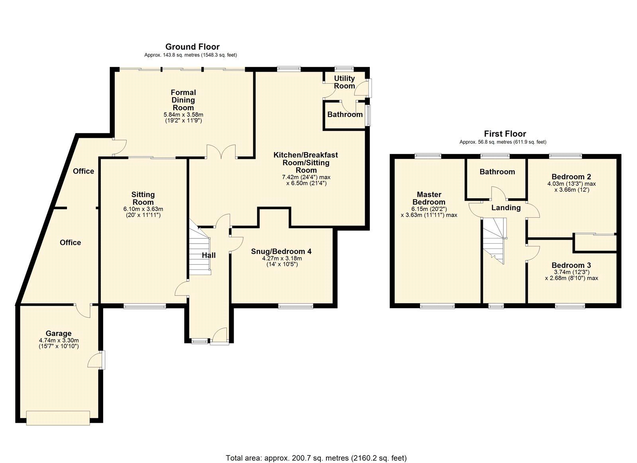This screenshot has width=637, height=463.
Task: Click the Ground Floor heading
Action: pos(192,47)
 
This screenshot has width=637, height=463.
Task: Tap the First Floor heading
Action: pos(505,134)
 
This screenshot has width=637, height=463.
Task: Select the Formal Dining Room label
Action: pos(183,100)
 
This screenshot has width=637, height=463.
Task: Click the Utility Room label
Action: pos(344,82)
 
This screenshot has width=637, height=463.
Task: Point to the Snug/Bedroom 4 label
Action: pos(281,252)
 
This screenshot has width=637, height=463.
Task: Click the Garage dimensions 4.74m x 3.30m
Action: pos(59,341)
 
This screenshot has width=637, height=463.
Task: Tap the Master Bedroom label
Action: pos(429,198)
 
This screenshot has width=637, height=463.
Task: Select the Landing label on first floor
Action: pos(506,207)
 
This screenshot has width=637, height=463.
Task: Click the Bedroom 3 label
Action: pos(571,266)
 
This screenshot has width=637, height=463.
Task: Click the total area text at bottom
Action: pos(316,458)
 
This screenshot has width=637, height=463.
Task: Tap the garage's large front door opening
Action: pos(58,418)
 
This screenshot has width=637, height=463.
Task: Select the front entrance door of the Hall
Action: pos(219,335)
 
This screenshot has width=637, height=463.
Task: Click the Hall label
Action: pos(209,255)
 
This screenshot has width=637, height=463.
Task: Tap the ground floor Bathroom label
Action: pos(345,115)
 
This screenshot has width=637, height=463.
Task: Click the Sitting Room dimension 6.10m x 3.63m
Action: pos(143,209)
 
